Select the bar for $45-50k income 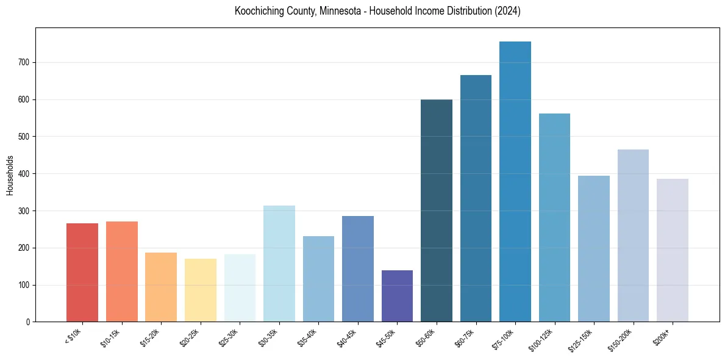(x=397, y=296)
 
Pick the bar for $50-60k (x=437, y=211)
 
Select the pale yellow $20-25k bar (x=201, y=290)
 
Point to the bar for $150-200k (x=633, y=236)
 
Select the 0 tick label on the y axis (x=28, y=322)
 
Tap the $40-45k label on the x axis (x=347, y=337)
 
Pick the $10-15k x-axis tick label (x=111, y=337)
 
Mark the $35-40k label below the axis (x=308, y=337)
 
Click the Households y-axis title (x=10, y=175)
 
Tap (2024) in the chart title (x=509, y=12)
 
